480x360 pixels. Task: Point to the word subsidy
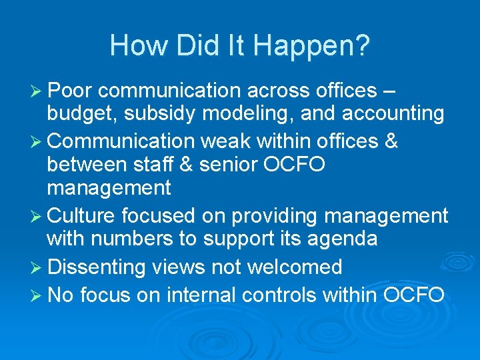(x=162, y=113)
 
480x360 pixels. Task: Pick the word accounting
(x=393, y=114)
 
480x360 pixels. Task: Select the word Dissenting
(x=97, y=267)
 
